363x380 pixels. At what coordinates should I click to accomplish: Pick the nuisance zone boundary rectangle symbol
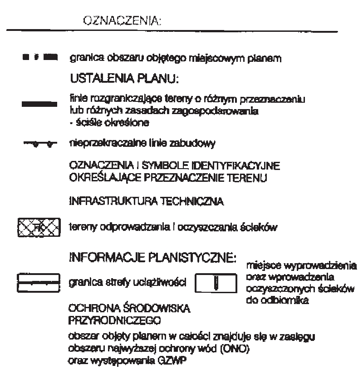point(39,282)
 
